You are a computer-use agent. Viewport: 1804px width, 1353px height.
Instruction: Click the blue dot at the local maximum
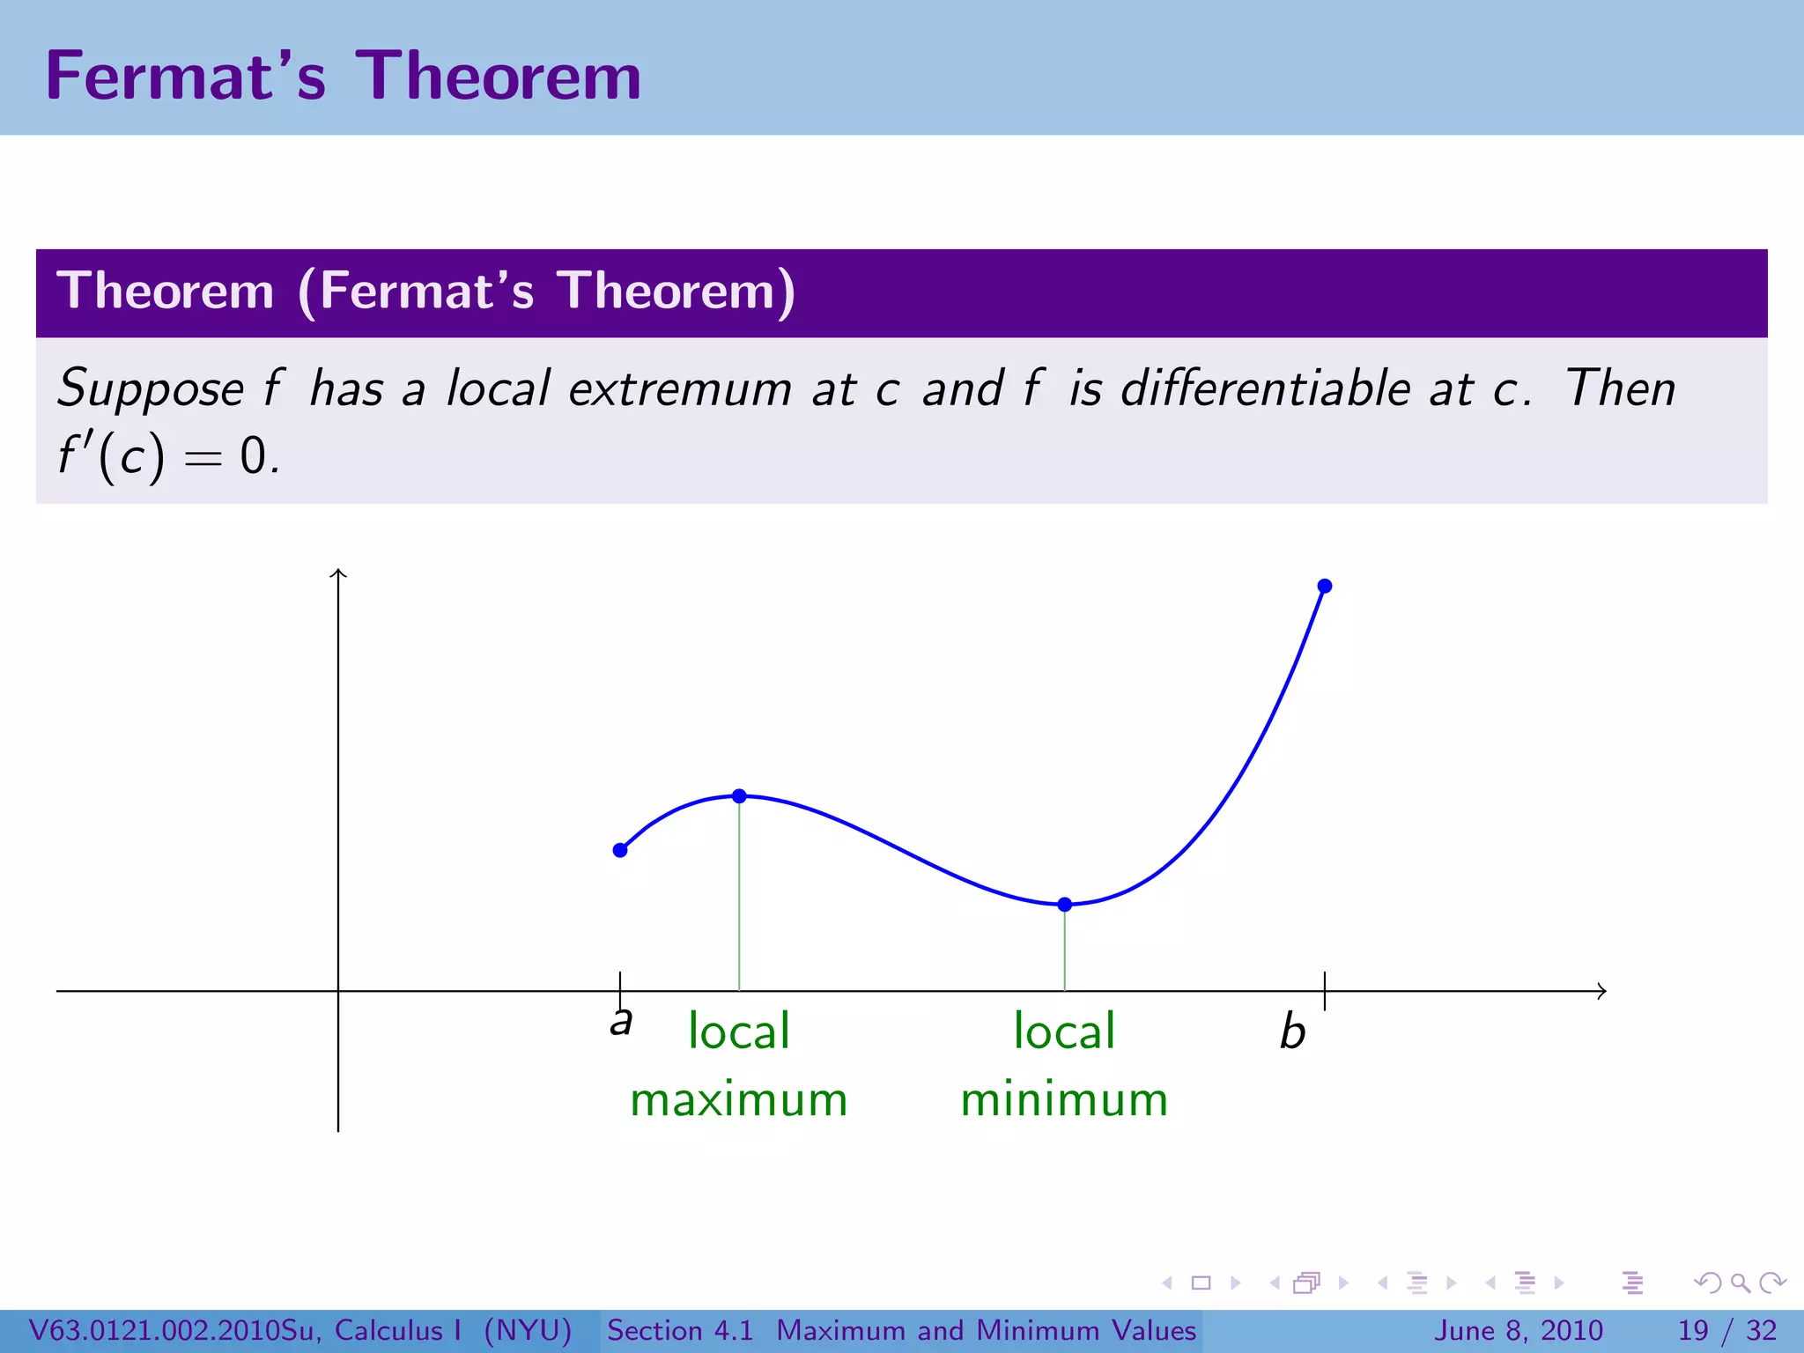(x=739, y=796)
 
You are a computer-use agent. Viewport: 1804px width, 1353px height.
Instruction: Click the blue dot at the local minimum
(x=1064, y=905)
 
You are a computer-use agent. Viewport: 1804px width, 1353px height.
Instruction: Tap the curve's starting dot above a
(x=620, y=850)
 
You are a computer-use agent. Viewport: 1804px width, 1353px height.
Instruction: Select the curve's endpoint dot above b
(x=1325, y=586)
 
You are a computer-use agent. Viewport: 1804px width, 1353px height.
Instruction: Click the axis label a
(x=621, y=1022)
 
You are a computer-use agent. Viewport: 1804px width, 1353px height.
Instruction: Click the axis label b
(x=1292, y=1031)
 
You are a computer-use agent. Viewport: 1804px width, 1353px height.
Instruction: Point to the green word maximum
(x=738, y=1100)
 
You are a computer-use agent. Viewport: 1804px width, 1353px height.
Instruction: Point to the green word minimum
(x=1064, y=1100)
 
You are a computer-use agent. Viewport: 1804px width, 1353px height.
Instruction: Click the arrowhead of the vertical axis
(x=338, y=573)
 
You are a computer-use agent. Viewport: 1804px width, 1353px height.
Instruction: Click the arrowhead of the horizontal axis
(x=1601, y=991)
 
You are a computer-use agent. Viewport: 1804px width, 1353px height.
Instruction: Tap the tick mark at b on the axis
(x=1325, y=991)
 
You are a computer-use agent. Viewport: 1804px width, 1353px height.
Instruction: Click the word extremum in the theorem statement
(x=680, y=388)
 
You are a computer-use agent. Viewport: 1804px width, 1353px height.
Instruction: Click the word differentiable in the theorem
(x=1266, y=388)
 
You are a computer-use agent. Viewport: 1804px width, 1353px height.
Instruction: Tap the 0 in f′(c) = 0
(x=254, y=457)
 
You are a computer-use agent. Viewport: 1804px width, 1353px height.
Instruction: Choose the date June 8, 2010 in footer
(x=1519, y=1330)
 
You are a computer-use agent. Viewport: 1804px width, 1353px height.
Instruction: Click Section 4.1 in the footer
(x=680, y=1330)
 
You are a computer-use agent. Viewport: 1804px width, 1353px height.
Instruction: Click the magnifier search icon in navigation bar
(x=1740, y=1283)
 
